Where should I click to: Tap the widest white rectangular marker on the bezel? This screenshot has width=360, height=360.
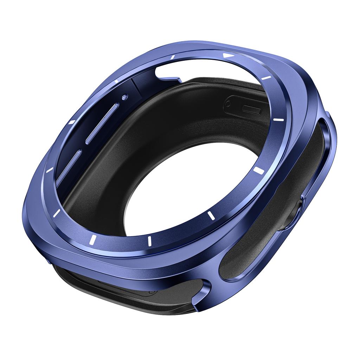[258, 170]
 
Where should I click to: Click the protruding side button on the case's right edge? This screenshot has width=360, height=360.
[298, 211]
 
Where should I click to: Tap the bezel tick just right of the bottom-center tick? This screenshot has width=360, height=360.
[211, 215]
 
